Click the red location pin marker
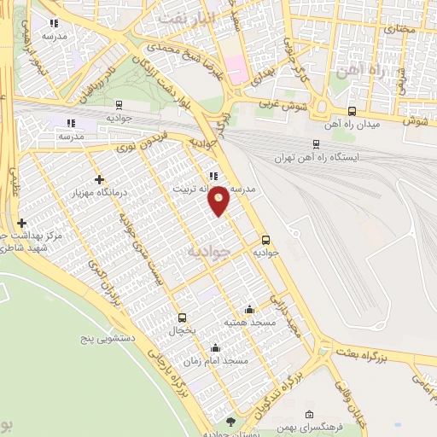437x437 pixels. tap(220, 201)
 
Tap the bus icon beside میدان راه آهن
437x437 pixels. tap(353, 111)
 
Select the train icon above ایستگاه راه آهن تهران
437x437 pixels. tap(317, 144)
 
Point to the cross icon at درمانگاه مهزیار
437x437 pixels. tap(100, 179)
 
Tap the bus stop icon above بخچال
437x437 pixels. tap(181, 317)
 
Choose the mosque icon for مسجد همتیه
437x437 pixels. tap(249, 309)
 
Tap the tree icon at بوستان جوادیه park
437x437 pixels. tap(230, 422)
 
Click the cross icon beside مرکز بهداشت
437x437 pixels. tap(21, 223)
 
